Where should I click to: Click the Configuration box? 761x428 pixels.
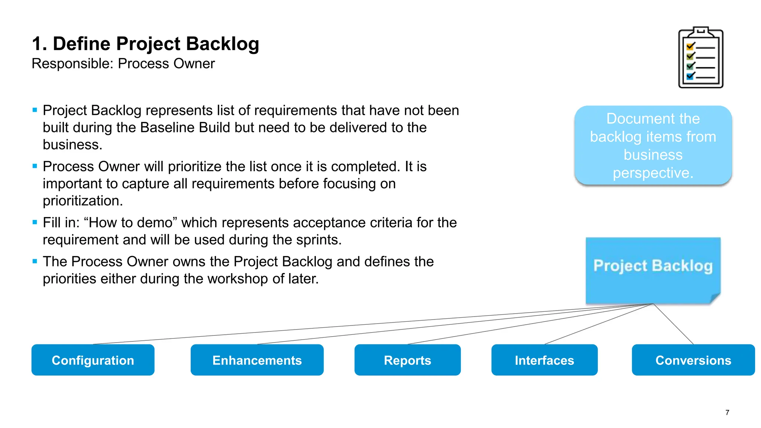pos(93,360)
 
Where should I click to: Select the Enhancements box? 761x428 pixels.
pos(257,360)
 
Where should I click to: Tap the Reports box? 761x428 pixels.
pos(407,360)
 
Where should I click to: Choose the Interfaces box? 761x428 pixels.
pos(544,360)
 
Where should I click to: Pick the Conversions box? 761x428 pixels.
pos(693,360)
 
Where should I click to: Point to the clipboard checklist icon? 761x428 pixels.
pos(701,58)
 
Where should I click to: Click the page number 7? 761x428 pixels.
pos(727,412)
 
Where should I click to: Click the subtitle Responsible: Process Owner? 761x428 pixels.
pos(123,64)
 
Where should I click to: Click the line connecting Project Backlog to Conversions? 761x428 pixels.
pos(673,324)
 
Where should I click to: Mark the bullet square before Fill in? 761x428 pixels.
pos(35,222)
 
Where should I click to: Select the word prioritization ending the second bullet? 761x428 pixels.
pos(82,201)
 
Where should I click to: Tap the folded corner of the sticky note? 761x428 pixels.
pos(715,298)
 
